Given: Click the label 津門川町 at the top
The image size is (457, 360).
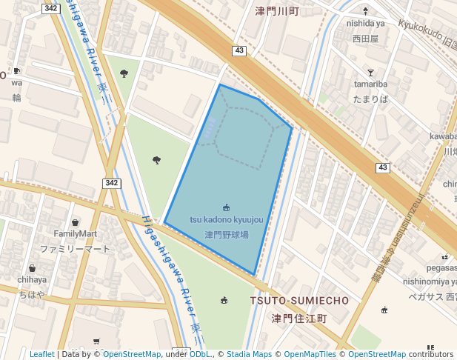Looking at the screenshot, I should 277,11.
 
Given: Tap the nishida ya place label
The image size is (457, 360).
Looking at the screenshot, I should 365,23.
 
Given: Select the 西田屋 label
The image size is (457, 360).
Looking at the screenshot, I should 365,38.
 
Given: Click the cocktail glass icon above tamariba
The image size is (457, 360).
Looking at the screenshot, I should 370,72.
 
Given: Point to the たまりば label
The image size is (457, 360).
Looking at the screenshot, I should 370,99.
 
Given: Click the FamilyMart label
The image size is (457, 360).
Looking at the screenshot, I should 75,234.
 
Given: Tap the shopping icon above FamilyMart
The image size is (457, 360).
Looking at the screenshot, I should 75,222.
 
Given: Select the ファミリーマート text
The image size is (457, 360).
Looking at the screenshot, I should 75,249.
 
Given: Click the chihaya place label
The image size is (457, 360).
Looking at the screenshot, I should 32,280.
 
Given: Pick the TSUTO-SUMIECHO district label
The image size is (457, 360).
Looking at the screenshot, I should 299,301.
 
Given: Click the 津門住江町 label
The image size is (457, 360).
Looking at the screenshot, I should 299,319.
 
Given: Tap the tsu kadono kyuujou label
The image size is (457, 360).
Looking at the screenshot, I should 226,220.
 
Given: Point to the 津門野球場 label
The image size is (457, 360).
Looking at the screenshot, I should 226,235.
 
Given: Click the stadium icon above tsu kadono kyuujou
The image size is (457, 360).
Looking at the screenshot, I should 226,207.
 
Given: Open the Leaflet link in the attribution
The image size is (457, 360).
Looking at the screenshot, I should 42,355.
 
